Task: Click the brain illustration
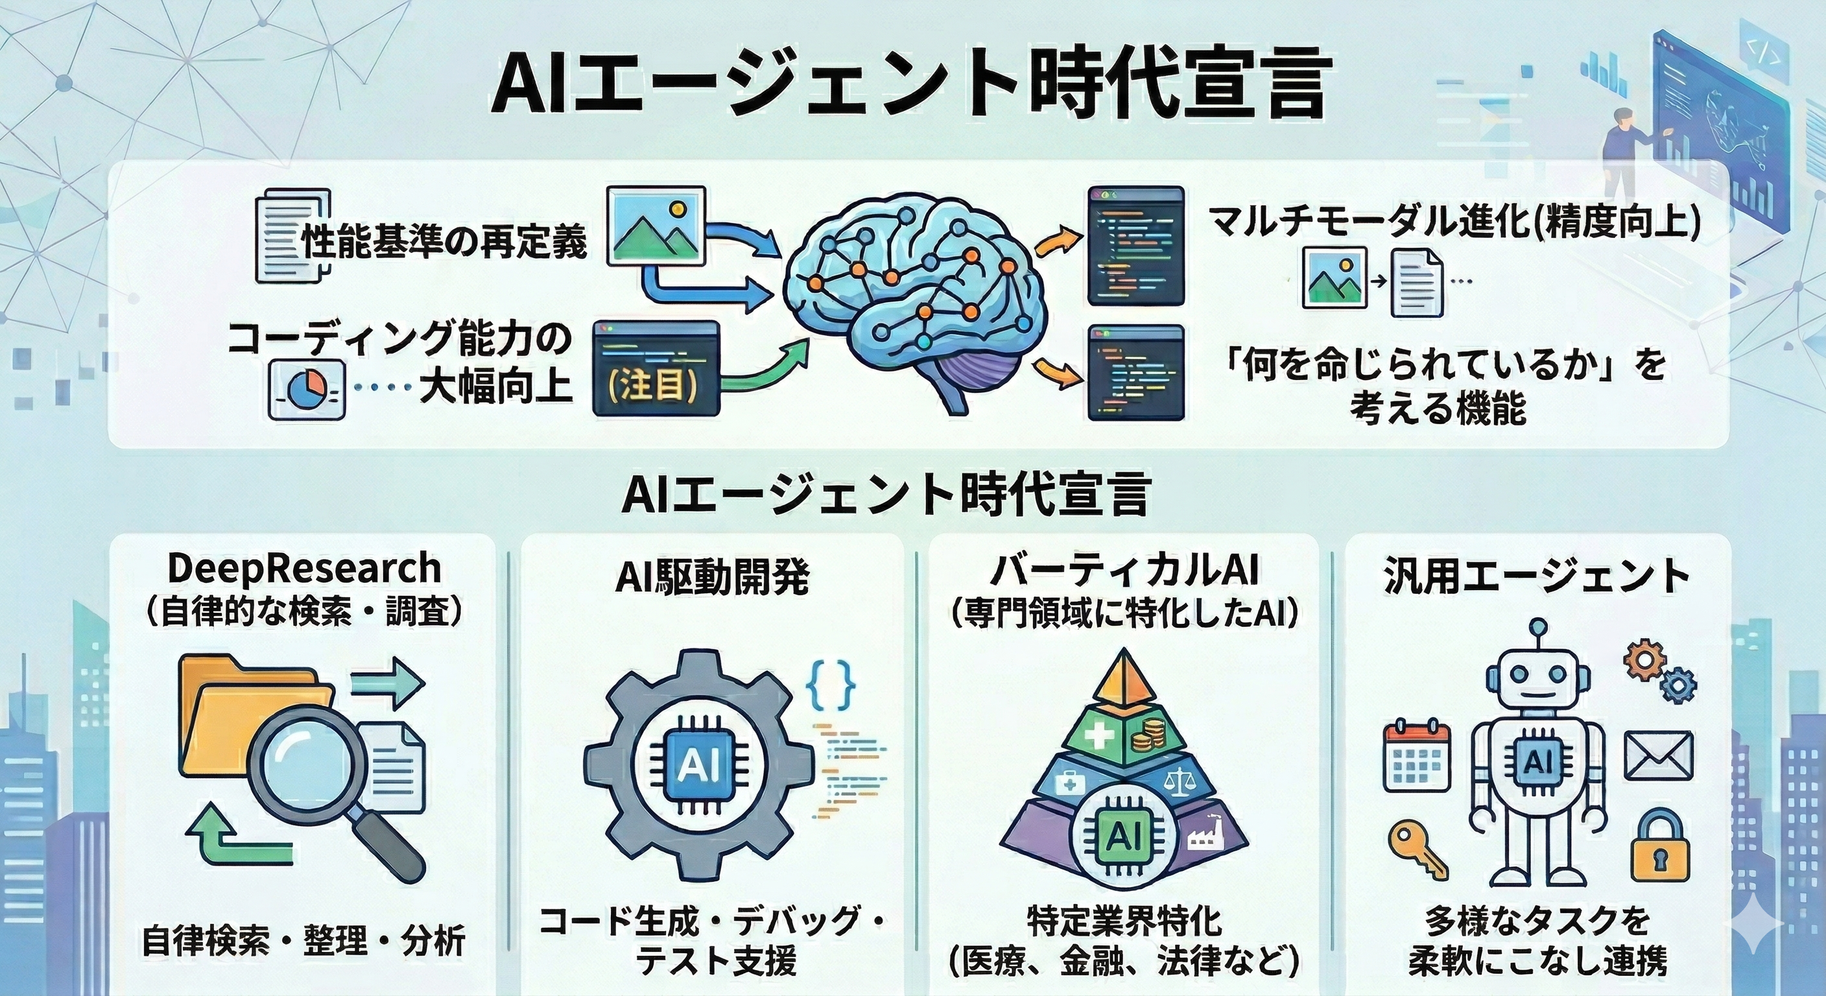coord(914,298)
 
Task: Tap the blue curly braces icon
coord(831,685)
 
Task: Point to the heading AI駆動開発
coord(712,578)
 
